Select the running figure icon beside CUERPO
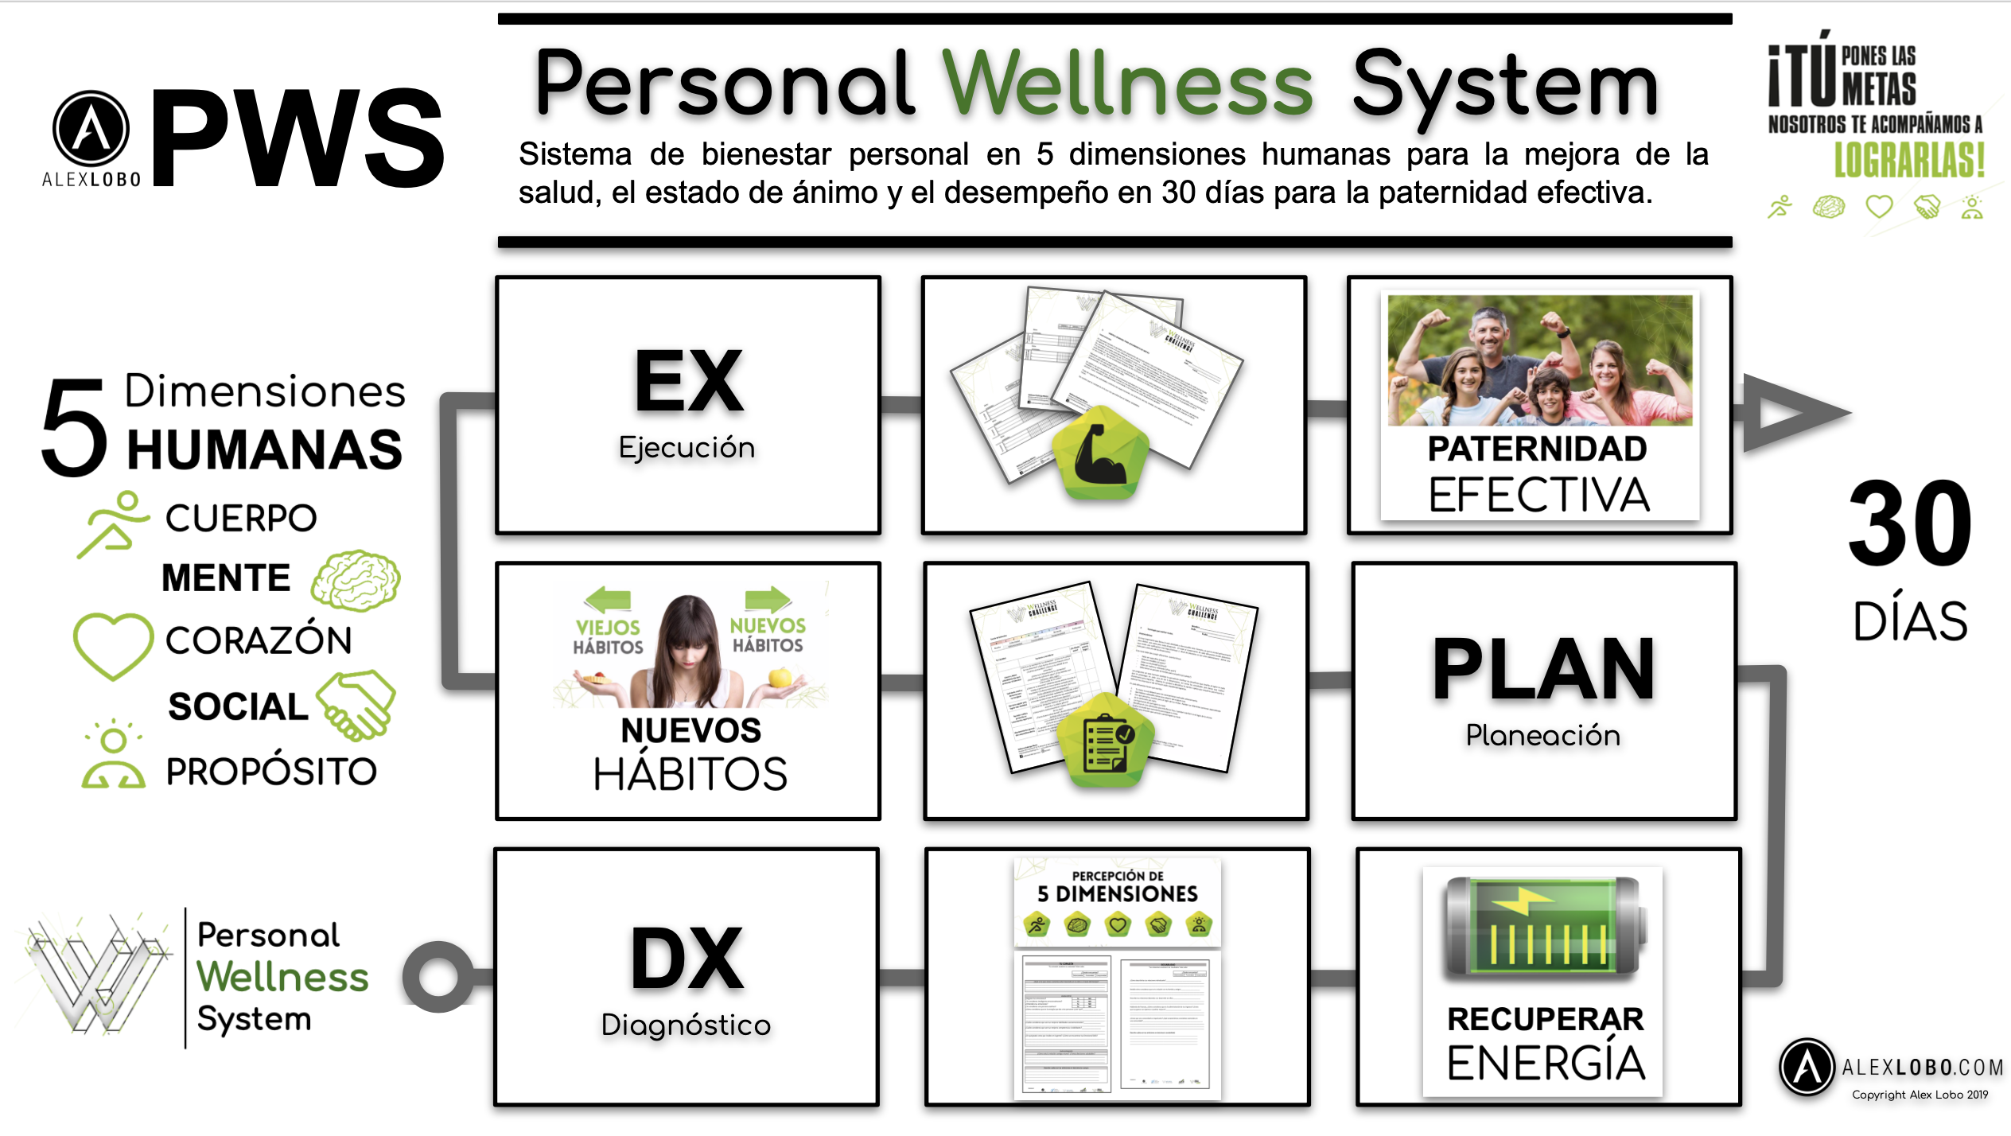coord(113,523)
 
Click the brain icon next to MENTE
coord(356,580)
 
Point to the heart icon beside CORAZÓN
coord(113,644)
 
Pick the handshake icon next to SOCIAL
coord(357,703)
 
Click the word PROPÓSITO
coord(271,772)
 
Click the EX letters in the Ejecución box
coord(689,383)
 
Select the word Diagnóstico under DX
coord(686,1025)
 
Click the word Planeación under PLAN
coord(1542,735)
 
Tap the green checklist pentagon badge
coord(1107,741)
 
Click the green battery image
coord(1542,927)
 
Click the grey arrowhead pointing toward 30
coord(1790,412)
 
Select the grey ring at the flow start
coord(438,977)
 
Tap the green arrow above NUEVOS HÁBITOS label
coord(768,598)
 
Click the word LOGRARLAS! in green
coord(1909,161)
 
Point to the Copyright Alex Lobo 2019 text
coord(1920,1095)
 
